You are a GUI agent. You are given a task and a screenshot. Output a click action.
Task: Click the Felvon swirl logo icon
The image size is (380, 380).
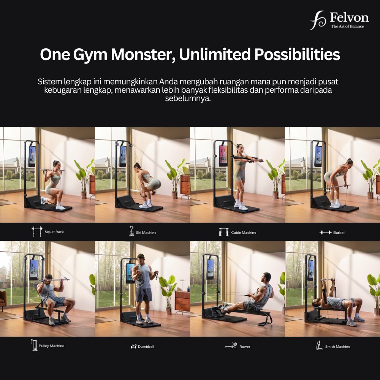click(x=318, y=21)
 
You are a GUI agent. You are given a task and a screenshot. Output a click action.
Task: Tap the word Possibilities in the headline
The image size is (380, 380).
click(x=297, y=54)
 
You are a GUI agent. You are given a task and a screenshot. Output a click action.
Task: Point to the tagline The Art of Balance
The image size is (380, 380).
click(x=347, y=27)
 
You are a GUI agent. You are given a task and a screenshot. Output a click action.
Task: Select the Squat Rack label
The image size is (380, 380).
click(x=54, y=232)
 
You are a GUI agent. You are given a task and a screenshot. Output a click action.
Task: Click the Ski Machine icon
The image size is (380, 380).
click(x=131, y=231)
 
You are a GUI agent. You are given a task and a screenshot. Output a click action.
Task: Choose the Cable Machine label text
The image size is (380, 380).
click(x=244, y=233)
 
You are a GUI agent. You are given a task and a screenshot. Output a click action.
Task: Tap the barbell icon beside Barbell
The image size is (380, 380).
click(x=325, y=233)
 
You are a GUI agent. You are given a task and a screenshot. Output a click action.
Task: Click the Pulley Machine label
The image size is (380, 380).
click(x=51, y=346)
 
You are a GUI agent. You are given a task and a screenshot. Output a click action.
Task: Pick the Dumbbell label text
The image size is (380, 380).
click(x=146, y=347)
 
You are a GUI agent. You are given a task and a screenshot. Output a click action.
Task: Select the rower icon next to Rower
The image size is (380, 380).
click(x=231, y=345)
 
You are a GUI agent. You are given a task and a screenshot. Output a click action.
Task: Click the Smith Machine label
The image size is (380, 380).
click(x=337, y=347)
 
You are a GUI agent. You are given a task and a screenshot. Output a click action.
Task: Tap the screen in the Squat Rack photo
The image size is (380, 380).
click(x=32, y=156)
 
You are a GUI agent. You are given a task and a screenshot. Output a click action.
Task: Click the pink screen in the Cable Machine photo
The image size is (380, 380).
click(x=223, y=156)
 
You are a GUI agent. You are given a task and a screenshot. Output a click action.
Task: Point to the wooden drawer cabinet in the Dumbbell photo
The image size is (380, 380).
click(x=182, y=301)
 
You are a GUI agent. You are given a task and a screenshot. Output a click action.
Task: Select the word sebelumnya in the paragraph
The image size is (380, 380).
click(x=188, y=99)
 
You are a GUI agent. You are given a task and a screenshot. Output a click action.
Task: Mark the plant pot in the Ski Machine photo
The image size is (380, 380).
click(x=174, y=195)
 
